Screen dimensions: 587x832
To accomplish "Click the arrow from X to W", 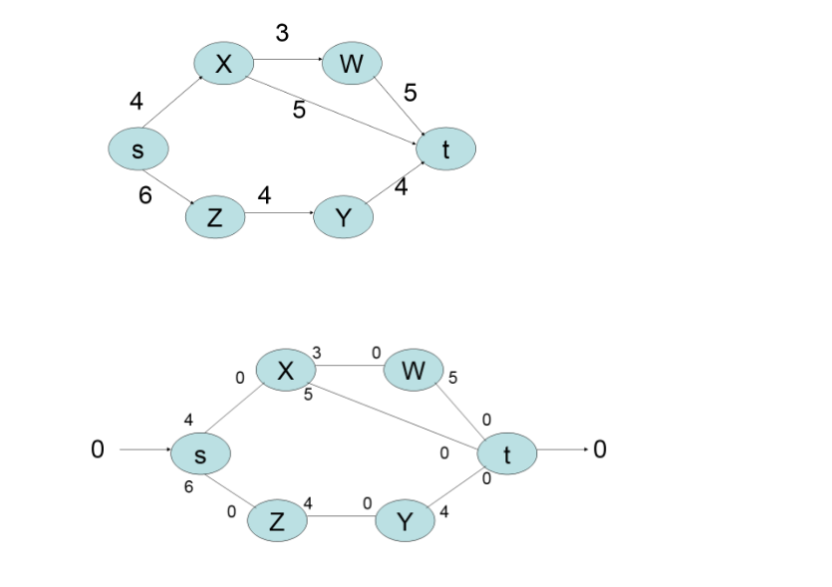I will pyautogui.click(x=285, y=61).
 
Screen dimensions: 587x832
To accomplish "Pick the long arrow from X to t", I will pyautogui.click(x=339, y=103).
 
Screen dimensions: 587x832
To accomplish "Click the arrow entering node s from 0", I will pyautogui.click(x=144, y=449).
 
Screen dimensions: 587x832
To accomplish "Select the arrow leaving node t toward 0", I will pyautogui.click(x=561, y=449).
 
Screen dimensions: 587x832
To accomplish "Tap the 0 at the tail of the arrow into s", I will pyautogui.click(x=97, y=449).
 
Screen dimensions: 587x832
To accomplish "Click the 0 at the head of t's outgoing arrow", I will pyautogui.click(x=599, y=449).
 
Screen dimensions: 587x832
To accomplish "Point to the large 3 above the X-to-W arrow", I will pyautogui.click(x=282, y=33).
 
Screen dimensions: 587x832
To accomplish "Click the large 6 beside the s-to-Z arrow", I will pyautogui.click(x=145, y=195).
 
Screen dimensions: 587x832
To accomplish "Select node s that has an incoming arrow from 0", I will pyautogui.click(x=200, y=454).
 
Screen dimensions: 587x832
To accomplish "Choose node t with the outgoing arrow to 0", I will pyautogui.click(x=507, y=454).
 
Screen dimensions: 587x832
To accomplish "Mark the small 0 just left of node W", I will pyautogui.click(x=377, y=353).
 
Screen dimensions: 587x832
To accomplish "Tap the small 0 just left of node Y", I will pyautogui.click(x=368, y=504).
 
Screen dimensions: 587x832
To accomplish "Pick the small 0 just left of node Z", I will pyautogui.click(x=231, y=511).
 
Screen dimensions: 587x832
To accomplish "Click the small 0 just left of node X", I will pyautogui.click(x=240, y=378).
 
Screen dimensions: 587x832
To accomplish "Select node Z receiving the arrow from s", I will pyautogui.click(x=215, y=217).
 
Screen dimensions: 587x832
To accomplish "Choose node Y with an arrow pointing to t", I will pyautogui.click(x=343, y=217).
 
